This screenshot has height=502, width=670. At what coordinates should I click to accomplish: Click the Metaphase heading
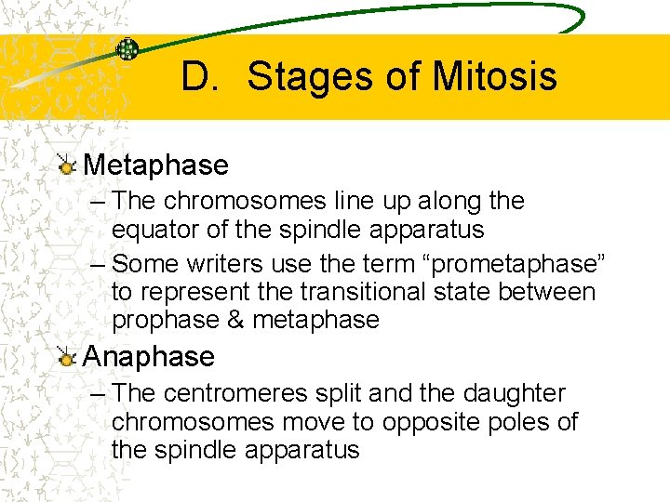[x=155, y=165]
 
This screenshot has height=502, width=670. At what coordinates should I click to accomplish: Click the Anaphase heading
[x=149, y=356]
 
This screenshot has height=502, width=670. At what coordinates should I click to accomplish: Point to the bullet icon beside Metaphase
[x=65, y=165]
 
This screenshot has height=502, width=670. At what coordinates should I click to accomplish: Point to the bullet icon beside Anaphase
[x=65, y=357]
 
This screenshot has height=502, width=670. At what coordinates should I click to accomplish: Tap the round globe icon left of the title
[x=128, y=49]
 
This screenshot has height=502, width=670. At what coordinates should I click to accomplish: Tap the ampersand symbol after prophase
[x=234, y=320]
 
